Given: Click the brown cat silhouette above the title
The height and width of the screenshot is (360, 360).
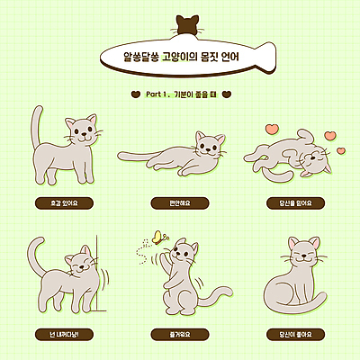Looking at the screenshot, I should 187,26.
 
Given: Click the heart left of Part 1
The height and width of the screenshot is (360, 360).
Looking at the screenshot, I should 135,93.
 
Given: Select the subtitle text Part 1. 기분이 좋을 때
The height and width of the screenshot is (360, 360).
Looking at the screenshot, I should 181,93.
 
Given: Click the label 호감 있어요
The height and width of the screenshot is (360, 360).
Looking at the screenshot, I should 66,203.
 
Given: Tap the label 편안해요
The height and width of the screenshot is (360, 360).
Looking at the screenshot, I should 180,203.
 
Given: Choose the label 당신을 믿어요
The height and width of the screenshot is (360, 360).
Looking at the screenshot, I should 295,203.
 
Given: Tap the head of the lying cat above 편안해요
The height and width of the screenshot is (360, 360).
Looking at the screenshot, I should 210,146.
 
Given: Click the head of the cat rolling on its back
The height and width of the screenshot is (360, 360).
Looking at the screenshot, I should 315,163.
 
